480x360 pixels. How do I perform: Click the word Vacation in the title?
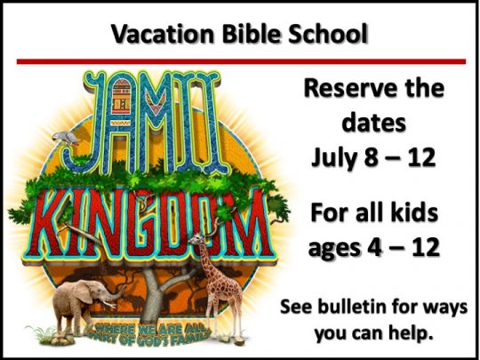(x=163, y=34)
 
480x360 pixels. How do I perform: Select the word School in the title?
(x=327, y=34)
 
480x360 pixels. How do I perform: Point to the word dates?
(x=373, y=122)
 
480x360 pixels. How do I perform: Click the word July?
(x=334, y=157)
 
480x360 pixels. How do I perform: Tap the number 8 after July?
(x=371, y=157)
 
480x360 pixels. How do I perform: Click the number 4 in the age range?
(x=375, y=247)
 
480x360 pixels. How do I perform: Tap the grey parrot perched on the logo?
(x=65, y=138)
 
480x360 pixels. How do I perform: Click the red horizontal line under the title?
(x=241, y=61)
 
